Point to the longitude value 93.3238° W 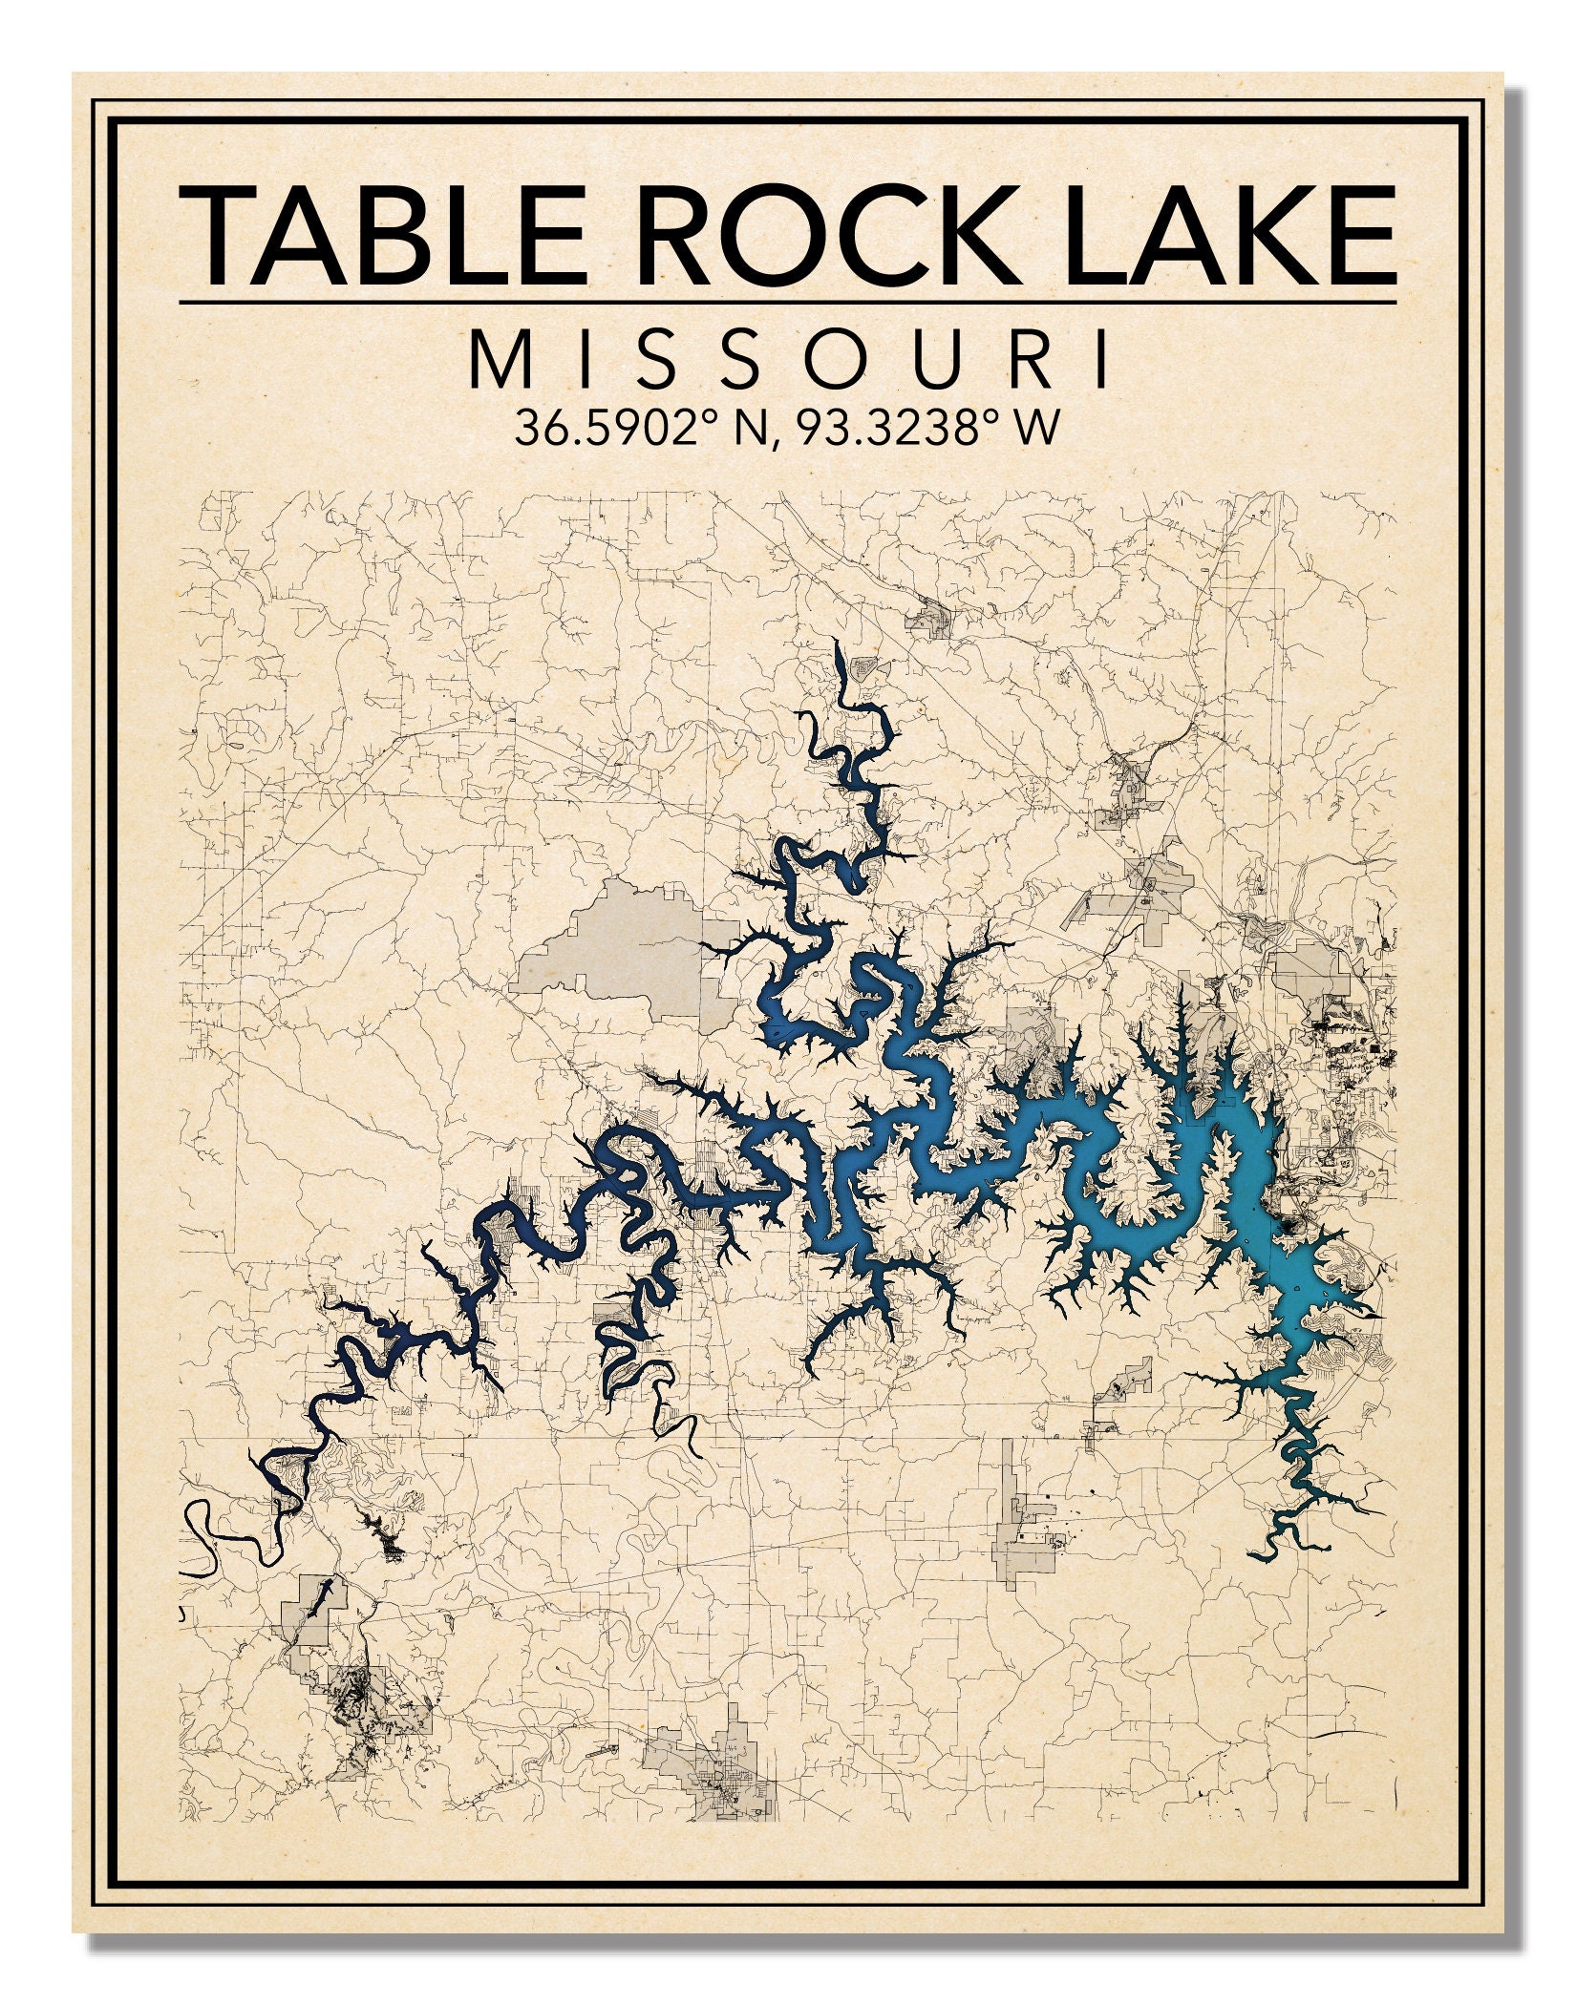[926, 429]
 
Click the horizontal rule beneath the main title [789, 304]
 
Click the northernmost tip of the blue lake [838, 645]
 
